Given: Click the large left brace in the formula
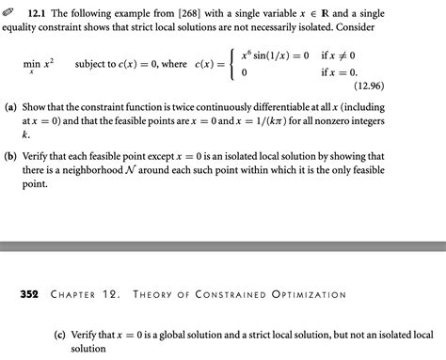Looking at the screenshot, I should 230,63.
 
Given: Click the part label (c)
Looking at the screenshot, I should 62,334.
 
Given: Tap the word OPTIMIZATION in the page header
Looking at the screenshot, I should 309,294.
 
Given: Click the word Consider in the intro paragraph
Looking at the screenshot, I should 421,29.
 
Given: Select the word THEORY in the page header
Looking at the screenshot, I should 157,294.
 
